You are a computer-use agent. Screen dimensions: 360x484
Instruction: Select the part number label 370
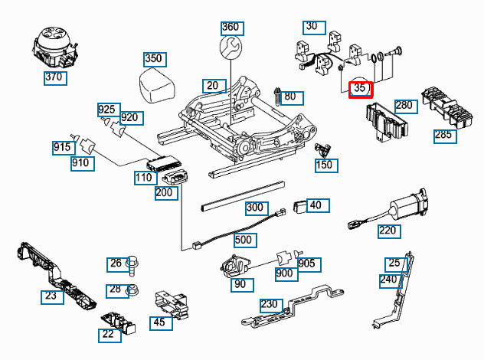tap(54, 77)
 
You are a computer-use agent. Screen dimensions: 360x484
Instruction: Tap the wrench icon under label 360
tap(231, 50)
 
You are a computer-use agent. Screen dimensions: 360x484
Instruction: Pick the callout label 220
tap(388, 229)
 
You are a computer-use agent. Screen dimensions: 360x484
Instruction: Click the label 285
tap(443, 136)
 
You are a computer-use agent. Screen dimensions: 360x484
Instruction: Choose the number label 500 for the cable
tap(244, 239)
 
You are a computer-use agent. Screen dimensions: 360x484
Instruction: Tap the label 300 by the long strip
tap(254, 208)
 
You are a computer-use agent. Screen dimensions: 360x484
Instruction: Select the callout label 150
tap(325, 165)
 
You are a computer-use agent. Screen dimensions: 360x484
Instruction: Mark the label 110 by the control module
tap(143, 177)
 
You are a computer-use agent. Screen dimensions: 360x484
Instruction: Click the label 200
tap(165, 192)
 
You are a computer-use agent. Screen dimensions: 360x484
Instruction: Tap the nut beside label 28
tap(132, 290)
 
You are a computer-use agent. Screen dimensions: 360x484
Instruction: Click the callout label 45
tap(159, 322)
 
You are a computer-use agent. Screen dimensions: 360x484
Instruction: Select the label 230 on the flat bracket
tap(269, 304)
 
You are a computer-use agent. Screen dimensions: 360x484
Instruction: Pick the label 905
tap(306, 263)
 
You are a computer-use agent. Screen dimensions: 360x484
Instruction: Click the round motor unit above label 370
tap(54, 45)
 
